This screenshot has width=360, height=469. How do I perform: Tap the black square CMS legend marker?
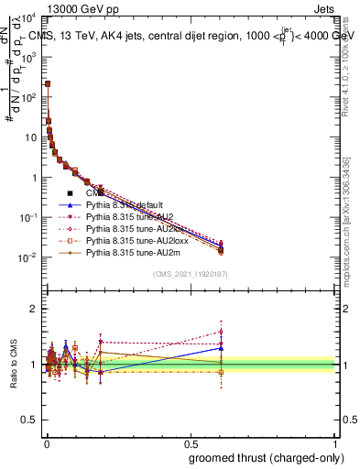70,194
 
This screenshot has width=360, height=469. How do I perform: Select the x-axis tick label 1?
335,444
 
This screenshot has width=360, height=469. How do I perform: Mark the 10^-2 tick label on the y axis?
27,258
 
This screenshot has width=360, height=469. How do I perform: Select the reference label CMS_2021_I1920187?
191,274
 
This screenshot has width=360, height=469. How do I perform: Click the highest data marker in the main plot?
48,83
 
